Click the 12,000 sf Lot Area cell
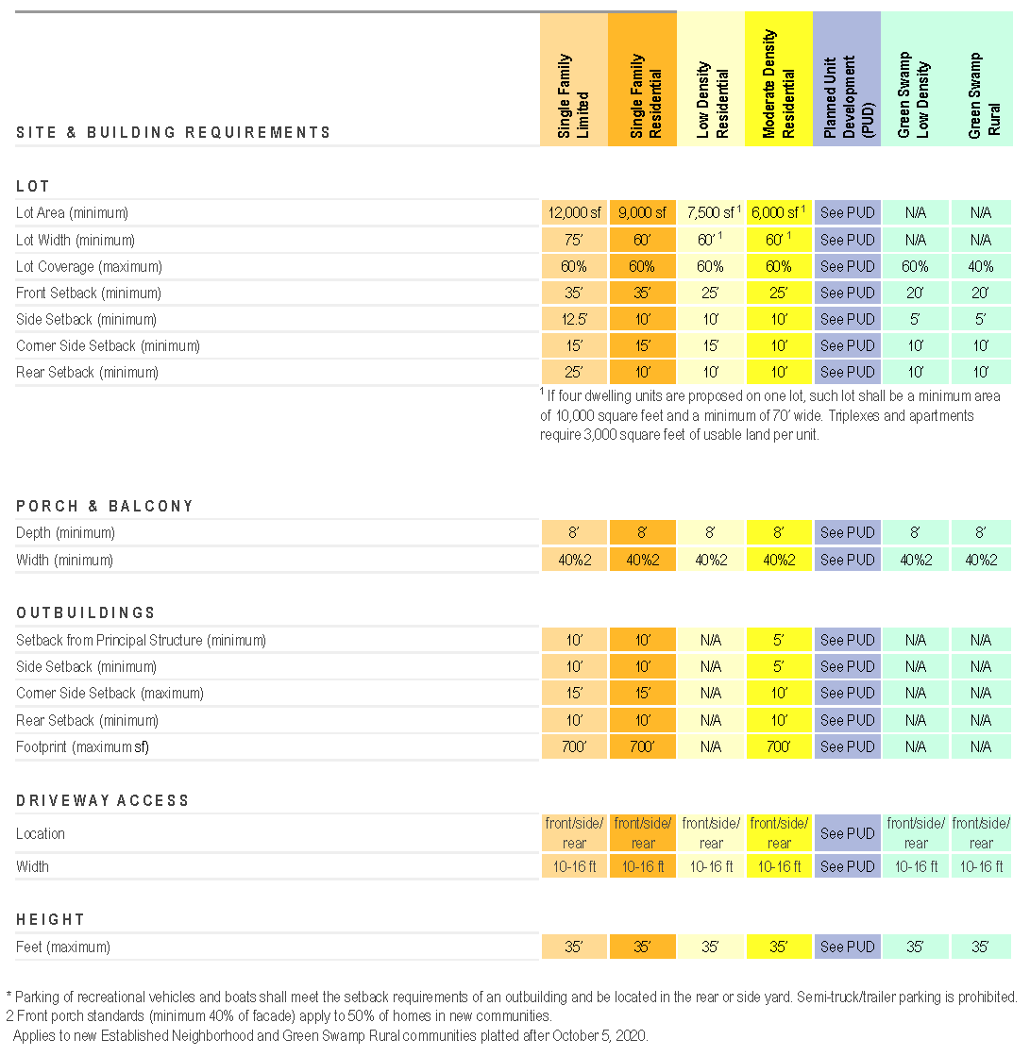coord(574,213)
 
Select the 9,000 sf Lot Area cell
coord(642,213)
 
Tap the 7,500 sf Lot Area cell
coord(709,213)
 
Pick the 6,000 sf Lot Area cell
coord(777,213)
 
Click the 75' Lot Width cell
coord(574,240)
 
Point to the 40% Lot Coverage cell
coord(981,266)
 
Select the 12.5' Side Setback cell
coord(574,319)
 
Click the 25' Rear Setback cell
coord(574,372)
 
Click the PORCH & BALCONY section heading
coord(105,507)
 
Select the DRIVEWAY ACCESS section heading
coord(103,800)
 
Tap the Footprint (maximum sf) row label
coord(83,746)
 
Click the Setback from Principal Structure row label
coord(141,640)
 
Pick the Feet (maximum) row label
coord(63,947)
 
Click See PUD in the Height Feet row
coord(847,947)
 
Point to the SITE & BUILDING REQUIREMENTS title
coord(174,133)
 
